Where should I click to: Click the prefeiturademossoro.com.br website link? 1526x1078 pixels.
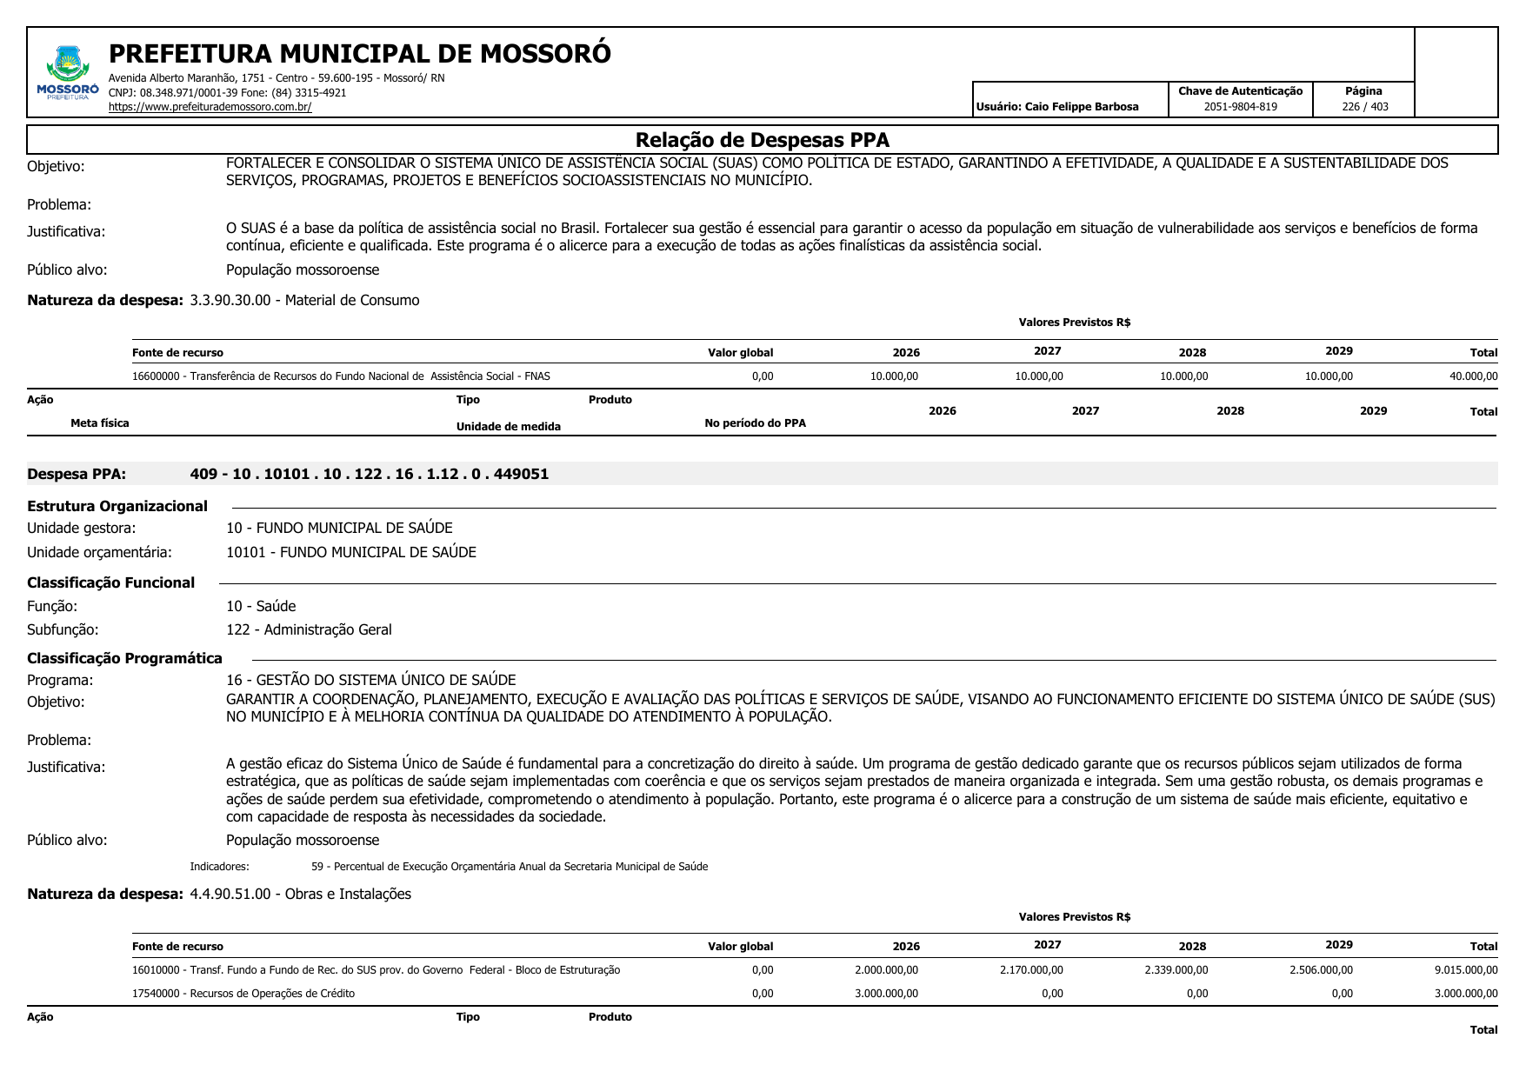point(210,107)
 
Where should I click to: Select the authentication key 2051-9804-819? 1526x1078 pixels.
point(1240,107)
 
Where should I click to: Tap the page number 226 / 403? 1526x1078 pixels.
point(1364,107)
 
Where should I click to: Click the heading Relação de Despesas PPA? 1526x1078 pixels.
point(762,140)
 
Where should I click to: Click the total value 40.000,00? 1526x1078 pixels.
point(1473,376)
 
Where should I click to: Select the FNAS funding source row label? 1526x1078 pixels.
point(341,376)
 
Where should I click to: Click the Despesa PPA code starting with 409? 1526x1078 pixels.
point(369,474)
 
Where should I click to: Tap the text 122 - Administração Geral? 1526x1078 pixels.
point(309,629)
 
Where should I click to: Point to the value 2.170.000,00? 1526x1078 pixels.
point(1031,970)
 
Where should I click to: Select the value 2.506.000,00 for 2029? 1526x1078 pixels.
point(1321,970)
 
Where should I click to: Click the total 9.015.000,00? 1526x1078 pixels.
point(1466,970)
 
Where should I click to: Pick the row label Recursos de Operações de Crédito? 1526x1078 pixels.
point(243,994)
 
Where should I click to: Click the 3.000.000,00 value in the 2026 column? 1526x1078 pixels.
point(886,994)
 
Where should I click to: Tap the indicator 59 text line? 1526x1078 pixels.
point(510,867)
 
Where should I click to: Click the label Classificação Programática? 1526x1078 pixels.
point(124,658)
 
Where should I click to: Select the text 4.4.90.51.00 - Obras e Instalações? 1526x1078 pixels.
point(300,894)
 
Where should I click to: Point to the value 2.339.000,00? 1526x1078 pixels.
point(1176,970)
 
